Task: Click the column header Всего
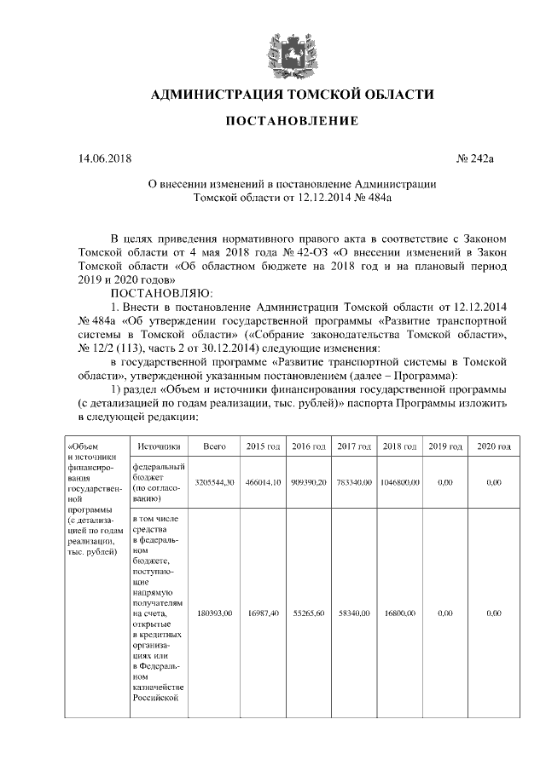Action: (x=214, y=446)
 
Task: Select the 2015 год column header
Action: (x=264, y=446)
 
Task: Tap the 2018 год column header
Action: (x=398, y=446)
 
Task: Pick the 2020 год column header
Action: (x=493, y=446)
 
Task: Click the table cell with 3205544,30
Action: (x=214, y=482)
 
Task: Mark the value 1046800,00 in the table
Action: (x=398, y=482)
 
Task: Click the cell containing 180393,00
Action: (x=214, y=612)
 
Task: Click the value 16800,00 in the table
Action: (x=398, y=612)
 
